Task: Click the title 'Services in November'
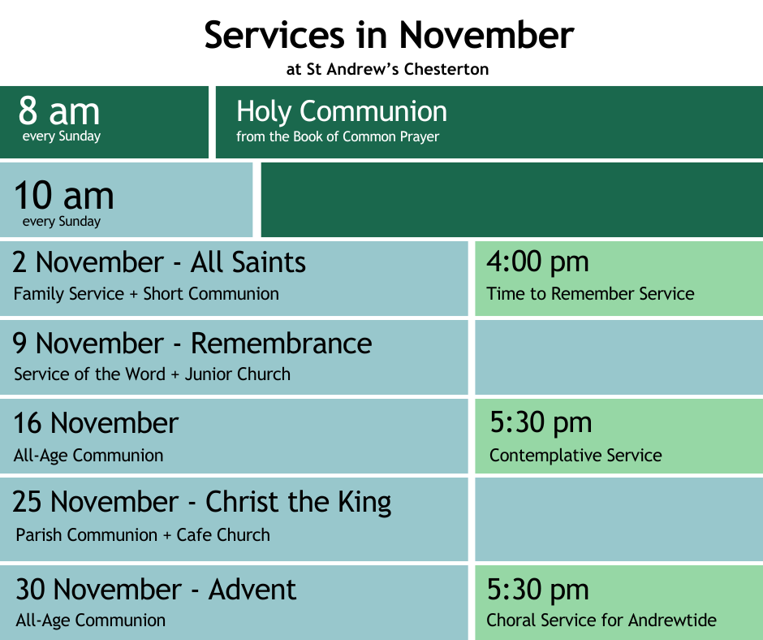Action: (x=390, y=35)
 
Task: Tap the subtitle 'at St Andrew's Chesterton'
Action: (x=387, y=69)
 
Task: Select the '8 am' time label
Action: (x=59, y=110)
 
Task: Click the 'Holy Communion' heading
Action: (x=342, y=111)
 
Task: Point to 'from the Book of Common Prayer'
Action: (x=338, y=137)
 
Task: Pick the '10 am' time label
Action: (x=64, y=195)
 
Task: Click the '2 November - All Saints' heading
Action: (x=159, y=262)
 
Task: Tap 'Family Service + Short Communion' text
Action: (x=146, y=294)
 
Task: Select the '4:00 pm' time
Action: (x=537, y=262)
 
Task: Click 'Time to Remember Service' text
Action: (x=590, y=294)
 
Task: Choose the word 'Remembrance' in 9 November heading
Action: (x=282, y=344)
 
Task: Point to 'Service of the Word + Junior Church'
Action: (x=152, y=374)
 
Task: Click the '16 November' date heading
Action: (x=96, y=423)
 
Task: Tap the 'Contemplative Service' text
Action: (x=575, y=456)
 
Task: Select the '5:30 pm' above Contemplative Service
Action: (x=541, y=422)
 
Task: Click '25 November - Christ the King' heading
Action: (x=201, y=502)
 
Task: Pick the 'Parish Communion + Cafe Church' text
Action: (x=143, y=534)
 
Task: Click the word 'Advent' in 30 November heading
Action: (x=252, y=590)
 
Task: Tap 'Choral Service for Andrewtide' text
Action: (x=601, y=620)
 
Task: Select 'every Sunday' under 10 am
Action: (x=62, y=222)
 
